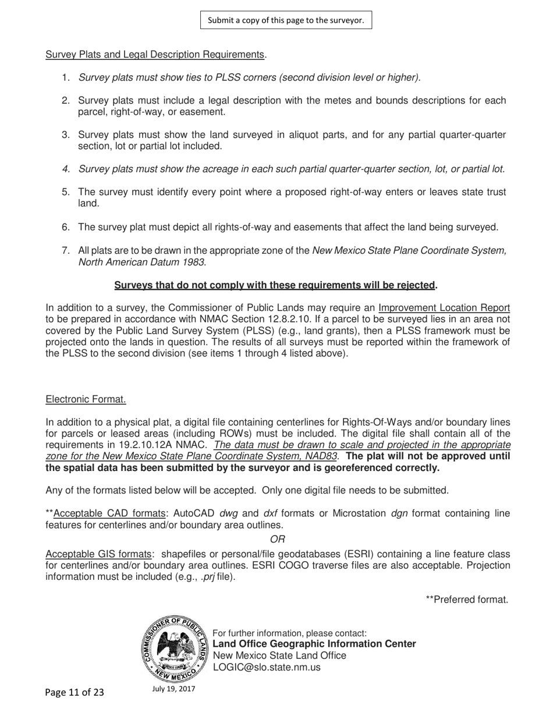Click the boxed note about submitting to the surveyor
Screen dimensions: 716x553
pyautogui.click(x=286, y=20)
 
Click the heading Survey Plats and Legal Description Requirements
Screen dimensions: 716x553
pyautogui.click(x=155, y=55)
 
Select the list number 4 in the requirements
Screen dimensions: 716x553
pyautogui.click(x=66, y=169)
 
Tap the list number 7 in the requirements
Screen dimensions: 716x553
pyautogui.click(x=66, y=251)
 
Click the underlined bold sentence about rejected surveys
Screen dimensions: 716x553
pyautogui.click(x=275, y=285)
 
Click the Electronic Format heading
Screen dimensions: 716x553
pyautogui.click(x=86, y=399)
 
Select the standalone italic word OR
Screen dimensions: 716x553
pyautogui.click(x=278, y=539)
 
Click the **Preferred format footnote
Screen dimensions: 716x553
pyautogui.click(x=467, y=599)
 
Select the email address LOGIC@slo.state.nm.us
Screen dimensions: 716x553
pyautogui.click(x=267, y=667)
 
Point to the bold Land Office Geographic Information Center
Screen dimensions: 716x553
pyautogui.click(x=314, y=644)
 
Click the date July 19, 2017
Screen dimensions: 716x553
pyautogui.click(x=173, y=689)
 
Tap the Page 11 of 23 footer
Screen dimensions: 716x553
pyautogui.click(x=75, y=692)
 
